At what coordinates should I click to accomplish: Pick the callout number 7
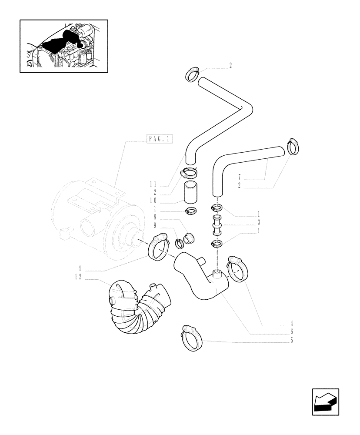coord(240,177)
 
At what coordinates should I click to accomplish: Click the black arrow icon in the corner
coord(325,402)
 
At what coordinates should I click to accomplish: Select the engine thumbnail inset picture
coord(64,46)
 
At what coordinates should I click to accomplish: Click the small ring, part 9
coord(180,243)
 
